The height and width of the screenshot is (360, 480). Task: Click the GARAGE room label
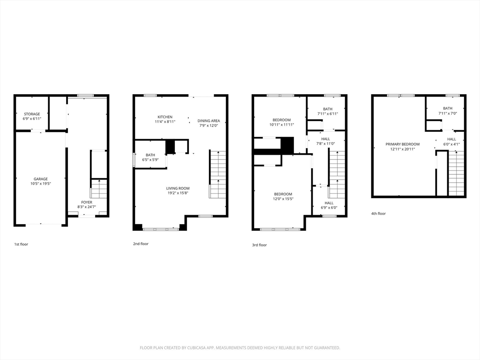click(40, 179)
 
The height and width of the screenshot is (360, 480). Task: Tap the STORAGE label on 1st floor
click(32, 114)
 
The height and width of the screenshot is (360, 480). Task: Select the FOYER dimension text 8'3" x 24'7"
click(87, 207)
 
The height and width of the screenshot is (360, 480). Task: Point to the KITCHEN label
click(165, 117)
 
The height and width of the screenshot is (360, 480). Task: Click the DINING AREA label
click(208, 120)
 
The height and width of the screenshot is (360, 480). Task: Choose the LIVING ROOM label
click(178, 188)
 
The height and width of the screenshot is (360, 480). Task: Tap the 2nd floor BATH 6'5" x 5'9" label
click(150, 155)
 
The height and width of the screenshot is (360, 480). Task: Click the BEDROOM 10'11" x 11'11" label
click(281, 120)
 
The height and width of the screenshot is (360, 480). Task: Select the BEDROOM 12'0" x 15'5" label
click(283, 194)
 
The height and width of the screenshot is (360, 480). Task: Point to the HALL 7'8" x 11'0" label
click(325, 139)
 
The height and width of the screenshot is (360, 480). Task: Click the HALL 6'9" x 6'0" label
click(329, 203)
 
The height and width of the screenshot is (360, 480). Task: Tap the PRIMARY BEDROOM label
click(402, 144)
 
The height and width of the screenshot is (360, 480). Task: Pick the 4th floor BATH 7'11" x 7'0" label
click(448, 108)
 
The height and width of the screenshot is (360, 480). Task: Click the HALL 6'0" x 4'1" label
click(451, 139)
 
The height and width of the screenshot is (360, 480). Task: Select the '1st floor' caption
click(21, 244)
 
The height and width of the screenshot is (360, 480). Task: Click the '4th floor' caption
click(378, 214)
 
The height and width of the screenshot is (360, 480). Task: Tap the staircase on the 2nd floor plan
click(217, 174)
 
